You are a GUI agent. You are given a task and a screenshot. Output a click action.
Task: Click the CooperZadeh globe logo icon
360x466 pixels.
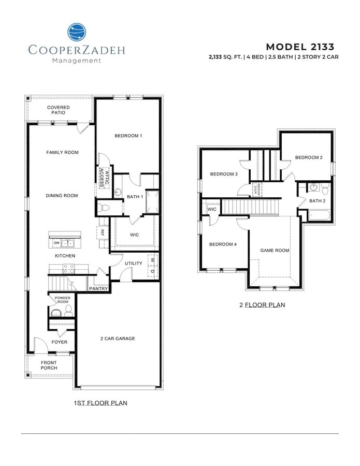coord(77,32)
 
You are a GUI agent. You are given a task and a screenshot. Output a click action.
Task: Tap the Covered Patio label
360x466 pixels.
coord(59,110)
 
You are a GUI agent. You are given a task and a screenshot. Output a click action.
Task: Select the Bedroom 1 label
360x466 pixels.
coord(128,136)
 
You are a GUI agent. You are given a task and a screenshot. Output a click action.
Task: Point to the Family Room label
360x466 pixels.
coord(62,152)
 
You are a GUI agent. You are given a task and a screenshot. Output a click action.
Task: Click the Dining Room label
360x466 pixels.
coord(62,196)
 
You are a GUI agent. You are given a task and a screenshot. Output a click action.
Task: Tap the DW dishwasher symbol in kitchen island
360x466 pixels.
coord(56,242)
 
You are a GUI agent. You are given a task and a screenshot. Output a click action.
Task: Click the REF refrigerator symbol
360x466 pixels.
coord(102,232)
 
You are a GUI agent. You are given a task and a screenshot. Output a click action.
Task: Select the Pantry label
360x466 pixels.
coord(98,288)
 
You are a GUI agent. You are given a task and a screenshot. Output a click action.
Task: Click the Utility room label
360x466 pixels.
coord(133,264)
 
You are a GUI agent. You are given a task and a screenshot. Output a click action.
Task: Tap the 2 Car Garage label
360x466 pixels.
coord(118,339)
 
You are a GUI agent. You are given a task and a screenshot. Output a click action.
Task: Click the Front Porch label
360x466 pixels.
coord(49,365)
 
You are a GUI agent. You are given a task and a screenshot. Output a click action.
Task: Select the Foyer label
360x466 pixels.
coord(59,342)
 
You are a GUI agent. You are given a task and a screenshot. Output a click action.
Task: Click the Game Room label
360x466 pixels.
coord(275,250)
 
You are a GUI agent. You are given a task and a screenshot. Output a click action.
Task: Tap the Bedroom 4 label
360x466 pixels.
coord(223,244)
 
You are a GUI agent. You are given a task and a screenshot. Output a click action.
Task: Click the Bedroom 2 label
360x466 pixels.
coord(309,157)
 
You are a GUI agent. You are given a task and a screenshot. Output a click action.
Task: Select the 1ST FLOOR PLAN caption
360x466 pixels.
coord(101,402)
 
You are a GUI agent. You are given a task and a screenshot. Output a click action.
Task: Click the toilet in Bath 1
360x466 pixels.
coord(104,208)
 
